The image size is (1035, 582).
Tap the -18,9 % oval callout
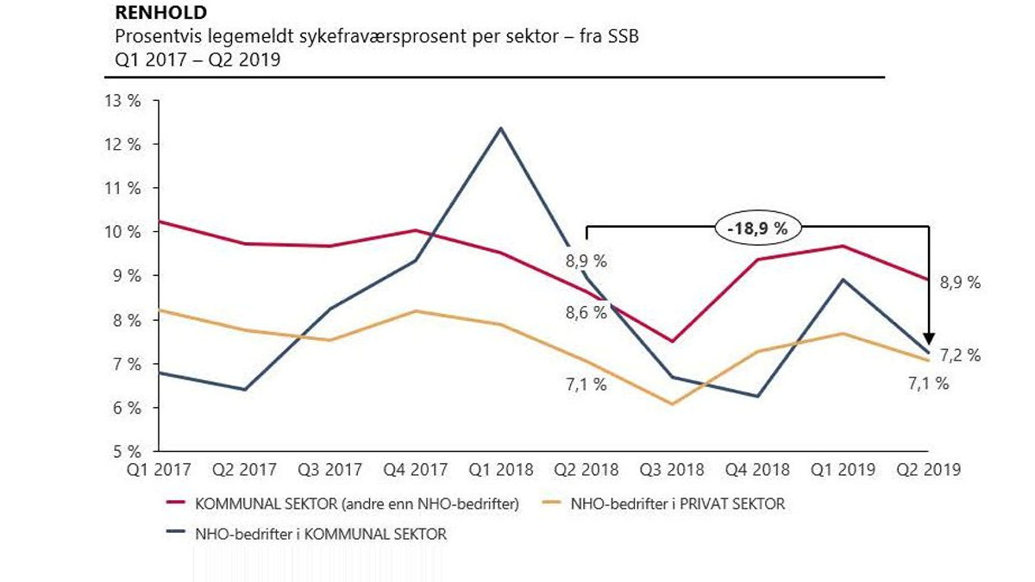click(757, 228)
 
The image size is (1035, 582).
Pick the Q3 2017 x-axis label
click(329, 470)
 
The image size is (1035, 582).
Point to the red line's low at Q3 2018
click(672, 341)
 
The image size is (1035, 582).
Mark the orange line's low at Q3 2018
click(672, 404)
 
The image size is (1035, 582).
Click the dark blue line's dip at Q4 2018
click(757, 397)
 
